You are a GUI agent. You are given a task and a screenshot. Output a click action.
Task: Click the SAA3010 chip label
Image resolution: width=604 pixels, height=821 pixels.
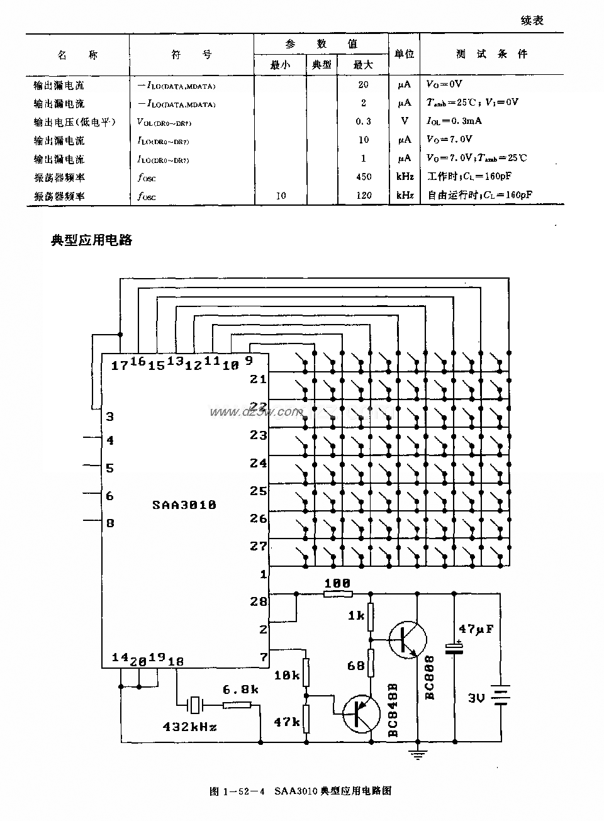pos(184,505)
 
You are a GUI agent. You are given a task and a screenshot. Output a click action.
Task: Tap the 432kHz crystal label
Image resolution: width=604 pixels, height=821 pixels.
pos(189,727)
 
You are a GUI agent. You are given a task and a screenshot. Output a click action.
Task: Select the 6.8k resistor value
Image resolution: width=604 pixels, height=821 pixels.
pos(241,690)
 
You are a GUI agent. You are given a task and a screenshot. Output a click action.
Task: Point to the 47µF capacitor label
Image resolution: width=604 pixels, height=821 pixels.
pos(476,628)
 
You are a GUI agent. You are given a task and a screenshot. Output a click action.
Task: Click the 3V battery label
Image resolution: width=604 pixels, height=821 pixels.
pos(476,698)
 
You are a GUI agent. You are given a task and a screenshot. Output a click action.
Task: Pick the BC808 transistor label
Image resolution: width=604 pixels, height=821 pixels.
pos(430,678)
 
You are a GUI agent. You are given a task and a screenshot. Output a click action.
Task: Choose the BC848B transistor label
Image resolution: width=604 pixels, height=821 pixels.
pos(393,710)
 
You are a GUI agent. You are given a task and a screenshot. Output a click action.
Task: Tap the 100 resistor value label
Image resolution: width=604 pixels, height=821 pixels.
pos(337,583)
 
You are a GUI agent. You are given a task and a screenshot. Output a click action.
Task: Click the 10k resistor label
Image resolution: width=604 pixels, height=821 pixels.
pos(287,675)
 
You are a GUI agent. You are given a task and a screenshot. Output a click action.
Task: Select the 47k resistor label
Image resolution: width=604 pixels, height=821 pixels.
pos(287,722)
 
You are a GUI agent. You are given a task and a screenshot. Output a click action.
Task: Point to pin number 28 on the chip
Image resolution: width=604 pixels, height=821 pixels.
pos(259,601)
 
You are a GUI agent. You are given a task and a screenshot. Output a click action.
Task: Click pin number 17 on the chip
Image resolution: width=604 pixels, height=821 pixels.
pos(119,366)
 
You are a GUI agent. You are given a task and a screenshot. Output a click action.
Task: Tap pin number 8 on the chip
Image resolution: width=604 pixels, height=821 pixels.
pos(110,523)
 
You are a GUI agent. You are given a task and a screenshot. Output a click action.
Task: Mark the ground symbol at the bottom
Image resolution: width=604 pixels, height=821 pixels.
pos(417,753)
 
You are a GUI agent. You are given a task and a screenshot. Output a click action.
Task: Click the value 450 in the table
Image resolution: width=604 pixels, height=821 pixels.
pos(364,177)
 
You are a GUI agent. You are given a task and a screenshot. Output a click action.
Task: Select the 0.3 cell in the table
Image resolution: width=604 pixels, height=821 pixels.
pos(364,121)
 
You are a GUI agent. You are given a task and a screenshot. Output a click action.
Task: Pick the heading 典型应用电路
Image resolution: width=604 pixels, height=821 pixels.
pos(92,240)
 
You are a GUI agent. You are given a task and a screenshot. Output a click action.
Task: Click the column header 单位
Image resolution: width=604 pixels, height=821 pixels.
pos(404,54)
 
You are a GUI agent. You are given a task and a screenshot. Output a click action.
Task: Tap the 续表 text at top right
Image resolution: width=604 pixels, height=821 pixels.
pos(532,21)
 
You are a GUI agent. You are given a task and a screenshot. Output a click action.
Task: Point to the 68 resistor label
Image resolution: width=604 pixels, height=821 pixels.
pos(356,666)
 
